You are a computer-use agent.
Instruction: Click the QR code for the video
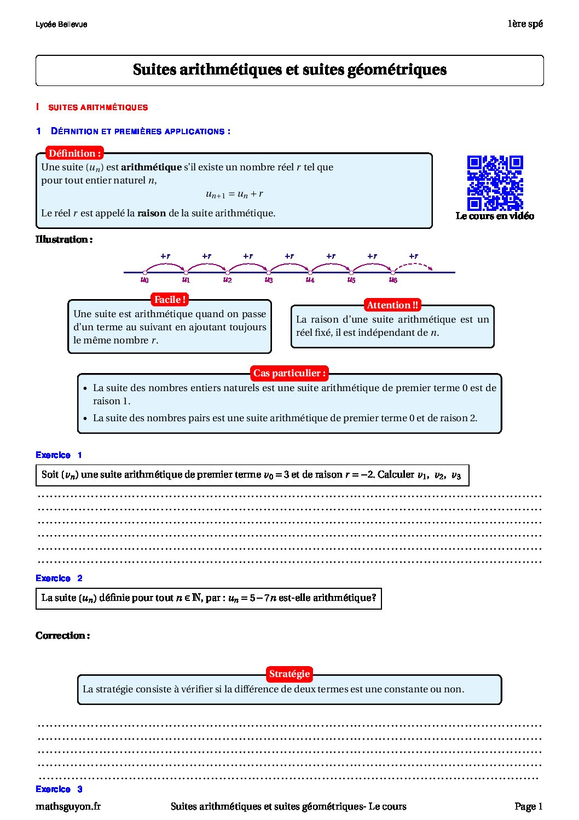point(495,183)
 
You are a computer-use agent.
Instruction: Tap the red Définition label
point(74,153)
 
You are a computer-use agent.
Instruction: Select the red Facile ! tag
point(170,300)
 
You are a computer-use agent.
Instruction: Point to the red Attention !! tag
point(392,305)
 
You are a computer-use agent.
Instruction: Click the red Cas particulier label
point(289,373)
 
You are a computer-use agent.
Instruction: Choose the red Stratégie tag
point(289,674)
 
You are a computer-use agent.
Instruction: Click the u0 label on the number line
point(144,280)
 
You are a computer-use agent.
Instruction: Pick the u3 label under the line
point(269,280)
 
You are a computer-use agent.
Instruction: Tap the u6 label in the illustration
point(393,280)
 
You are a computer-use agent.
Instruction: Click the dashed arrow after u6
point(414,266)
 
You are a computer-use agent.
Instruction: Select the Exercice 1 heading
point(59,455)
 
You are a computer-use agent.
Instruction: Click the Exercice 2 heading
point(59,578)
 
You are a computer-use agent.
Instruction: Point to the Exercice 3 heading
point(59,789)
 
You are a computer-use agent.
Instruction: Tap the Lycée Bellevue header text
point(61,25)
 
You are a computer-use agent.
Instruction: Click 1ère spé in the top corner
point(525,24)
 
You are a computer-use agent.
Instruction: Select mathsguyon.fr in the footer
point(68,806)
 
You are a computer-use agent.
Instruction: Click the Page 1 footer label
point(528,806)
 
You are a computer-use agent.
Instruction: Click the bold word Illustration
point(63,239)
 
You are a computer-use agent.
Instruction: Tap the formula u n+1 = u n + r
point(234,194)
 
